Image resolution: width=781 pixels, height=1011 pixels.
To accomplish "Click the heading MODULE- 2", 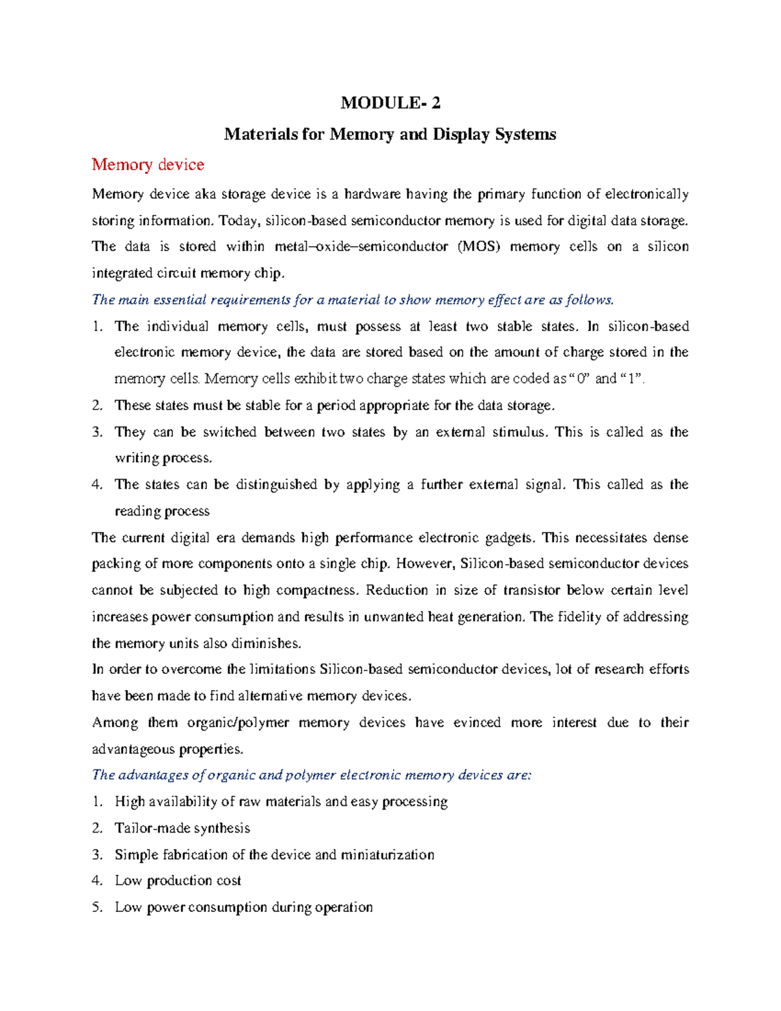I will (x=390, y=103).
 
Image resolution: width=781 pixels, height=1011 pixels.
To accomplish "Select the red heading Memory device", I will (x=148, y=165).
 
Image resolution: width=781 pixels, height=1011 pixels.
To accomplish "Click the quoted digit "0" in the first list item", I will (x=578, y=379).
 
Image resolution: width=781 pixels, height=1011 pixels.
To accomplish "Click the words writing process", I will (x=163, y=458).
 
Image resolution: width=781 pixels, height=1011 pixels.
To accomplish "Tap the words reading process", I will (x=162, y=512).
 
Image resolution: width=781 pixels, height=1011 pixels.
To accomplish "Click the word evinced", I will (x=476, y=723).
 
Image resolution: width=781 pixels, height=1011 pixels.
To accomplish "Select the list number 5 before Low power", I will (x=97, y=907).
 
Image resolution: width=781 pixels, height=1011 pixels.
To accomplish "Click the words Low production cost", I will (x=178, y=881).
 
